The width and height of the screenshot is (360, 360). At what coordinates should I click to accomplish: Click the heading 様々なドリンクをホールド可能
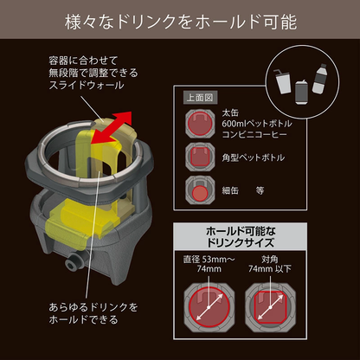click(x=181, y=22)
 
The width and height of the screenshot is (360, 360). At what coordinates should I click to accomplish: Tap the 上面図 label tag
click(x=200, y=98)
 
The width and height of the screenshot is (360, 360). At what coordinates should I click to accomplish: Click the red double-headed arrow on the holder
click(x=112, y=127)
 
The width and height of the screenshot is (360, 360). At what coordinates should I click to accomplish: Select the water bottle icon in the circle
click(x=319, y=78)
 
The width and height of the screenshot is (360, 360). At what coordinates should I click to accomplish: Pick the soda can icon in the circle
click(x=301, y=92)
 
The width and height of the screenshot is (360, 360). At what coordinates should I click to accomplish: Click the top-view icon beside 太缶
click(x=200, y=124)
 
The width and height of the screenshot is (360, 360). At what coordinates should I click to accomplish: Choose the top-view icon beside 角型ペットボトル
click(x=200, y=157)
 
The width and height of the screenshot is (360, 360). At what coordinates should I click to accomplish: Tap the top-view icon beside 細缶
click(x=200, y=190)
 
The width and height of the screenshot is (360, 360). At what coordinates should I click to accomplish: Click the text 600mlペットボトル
click(x=257, y=124)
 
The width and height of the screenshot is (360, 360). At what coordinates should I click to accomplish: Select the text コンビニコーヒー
click(x=254, y=134)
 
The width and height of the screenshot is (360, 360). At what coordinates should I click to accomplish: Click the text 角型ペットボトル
click(x=253, y=157)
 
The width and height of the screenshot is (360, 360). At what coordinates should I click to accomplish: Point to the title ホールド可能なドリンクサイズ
click(x=240, y=237)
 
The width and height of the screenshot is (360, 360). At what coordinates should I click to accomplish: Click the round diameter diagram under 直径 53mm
click(x=209, y=307)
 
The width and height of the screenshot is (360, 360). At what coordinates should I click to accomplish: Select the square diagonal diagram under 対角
click(x=270, y=307)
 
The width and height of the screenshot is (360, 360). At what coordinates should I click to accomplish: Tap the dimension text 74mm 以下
click(x=270, y=269)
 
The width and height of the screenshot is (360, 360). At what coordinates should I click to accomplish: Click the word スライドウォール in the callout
click(x=87, y=86)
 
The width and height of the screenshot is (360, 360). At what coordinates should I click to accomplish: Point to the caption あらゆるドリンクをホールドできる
click(x=93, y=313)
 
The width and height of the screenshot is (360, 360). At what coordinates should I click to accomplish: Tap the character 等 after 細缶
click(x=260, y=190)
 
